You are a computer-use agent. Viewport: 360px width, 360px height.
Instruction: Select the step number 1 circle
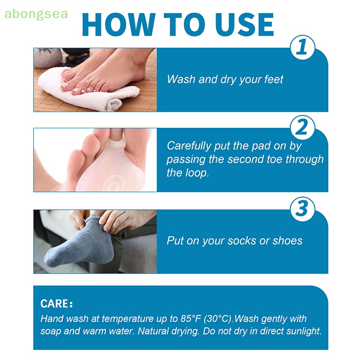(x=302, y=48)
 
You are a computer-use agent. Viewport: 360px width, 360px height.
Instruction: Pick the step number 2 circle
(x=302, y=128)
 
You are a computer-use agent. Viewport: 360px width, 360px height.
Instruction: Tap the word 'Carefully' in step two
(x=189, y=146)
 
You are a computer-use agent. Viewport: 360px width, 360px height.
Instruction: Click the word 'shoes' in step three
(x=288, y=240)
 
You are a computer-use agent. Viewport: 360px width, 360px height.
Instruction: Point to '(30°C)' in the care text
(x=218, y=319)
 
